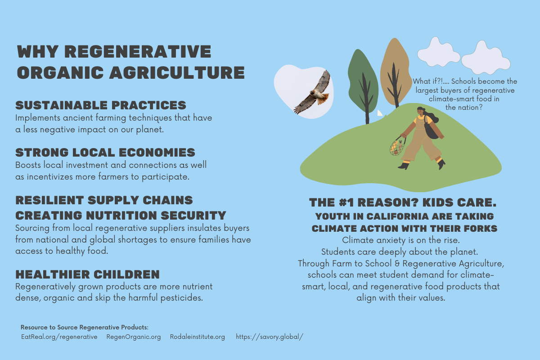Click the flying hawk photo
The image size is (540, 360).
(x=304, y=92)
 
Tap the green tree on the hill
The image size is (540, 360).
(x=363, y=85)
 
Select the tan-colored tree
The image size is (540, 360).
(x=396, y=72)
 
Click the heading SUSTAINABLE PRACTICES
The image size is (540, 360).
(x=101, y=105)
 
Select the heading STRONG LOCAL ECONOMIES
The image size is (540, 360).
(x=105, y=153)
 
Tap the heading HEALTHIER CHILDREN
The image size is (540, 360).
(x=87, y=274)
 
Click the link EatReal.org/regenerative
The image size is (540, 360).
(x=59, y=337)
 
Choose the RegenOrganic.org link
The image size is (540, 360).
(x=134, y=337)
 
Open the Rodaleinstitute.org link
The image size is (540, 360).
(x=198, y=337)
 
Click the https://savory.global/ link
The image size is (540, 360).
(x=270, y=337)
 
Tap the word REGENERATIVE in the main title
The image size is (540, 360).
(x=138, y=51)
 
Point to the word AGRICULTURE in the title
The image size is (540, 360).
(x=177, y=72)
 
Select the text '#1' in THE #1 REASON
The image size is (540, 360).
(x=346, y=202)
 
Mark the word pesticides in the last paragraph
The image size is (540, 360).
(x=181, y=298)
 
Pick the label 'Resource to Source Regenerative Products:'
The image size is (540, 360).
(x=85, y=327)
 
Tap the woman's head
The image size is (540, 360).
(x=421, y=112)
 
